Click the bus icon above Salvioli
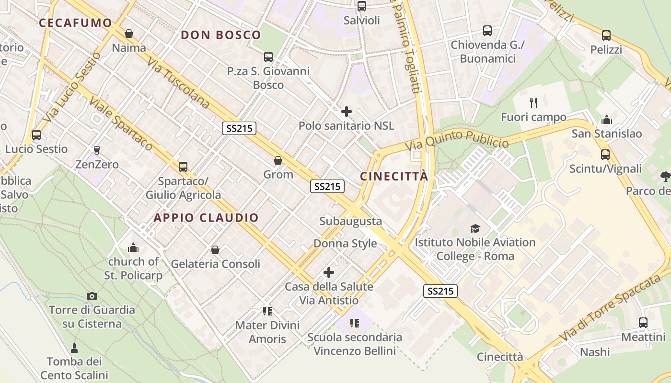click(362, 6)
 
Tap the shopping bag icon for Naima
click(128, 34)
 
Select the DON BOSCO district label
click(221, 35)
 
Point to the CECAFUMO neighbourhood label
click(75, 23)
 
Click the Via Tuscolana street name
click(178, 83)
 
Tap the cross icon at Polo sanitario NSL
click(346, 112)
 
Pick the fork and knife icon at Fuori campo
click(533, 102)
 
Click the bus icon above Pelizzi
click(606, 35)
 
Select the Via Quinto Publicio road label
click(457, 139)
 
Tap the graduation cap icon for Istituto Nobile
click(475, 228)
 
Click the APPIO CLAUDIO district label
click(206, 218)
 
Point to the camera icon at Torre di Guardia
click(92, 296)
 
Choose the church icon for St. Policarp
click(133, 248)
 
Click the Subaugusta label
click(351, 221)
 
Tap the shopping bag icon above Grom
click(278, 160)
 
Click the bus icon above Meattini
click(643, 323)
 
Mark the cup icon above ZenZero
click(97, 150)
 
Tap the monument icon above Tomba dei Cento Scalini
click(74, 347)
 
